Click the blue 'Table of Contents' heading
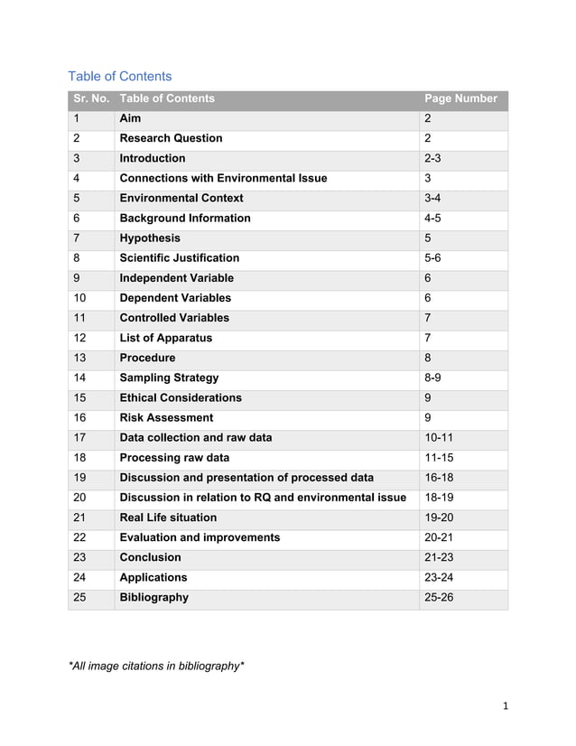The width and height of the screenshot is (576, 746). pyautogui.click(x=120, y=76)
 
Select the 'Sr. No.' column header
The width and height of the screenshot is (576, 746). pyautogui.click(x=90, y=98)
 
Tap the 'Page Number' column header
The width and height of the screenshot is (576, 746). pyautogui.click(x=460, y=98)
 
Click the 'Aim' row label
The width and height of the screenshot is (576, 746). pyautogui.click(x=131, y=118)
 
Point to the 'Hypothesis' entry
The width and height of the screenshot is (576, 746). pyautogui.click(x=150, y=238)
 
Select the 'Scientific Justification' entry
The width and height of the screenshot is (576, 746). pyautogui.click(x=180, y=258)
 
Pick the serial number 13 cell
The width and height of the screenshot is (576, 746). pyautogui.click(x=80, y=358)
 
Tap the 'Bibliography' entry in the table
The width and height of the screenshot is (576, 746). pyautogui.click(x=154, y=597)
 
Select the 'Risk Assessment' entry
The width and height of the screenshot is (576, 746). pyautogui.click(x=167, y=417)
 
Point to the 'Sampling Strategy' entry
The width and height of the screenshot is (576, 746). pyautogui.click(x=169, y=378)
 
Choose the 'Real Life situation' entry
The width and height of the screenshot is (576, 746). pyautogui.click(x=168, y=518)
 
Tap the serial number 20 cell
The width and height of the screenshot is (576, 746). pyautogui.click(x=80, y=498)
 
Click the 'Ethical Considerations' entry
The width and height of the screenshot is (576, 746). pyautogui.click(x=181, y=397)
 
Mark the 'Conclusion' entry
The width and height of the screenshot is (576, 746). pyautogui.click(x=151, y=557)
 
